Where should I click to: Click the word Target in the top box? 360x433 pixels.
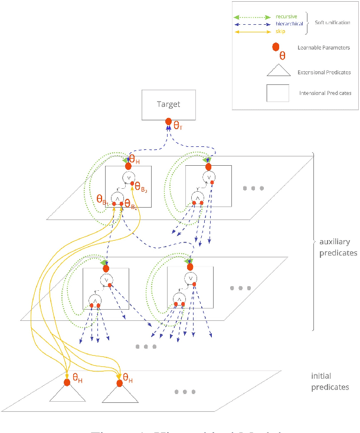click(x=168, y=104)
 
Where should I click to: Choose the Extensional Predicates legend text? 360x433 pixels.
click(x=323, y=72)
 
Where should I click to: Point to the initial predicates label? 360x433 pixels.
click(x=330, y=382)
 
